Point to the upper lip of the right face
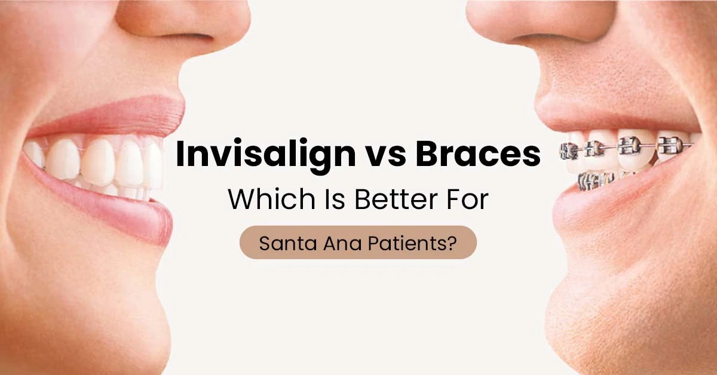(x=592, y=116)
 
